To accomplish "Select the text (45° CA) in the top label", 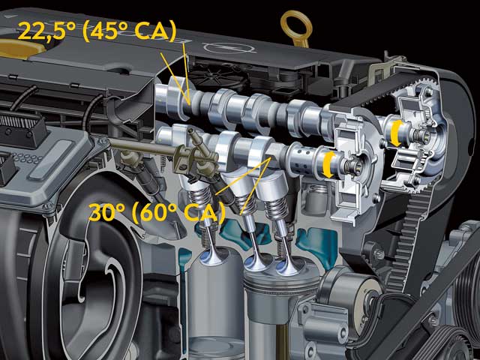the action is click(x=130, y=31).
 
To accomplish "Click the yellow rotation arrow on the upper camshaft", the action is click(x=396, y=133).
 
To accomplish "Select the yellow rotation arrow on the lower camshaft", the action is click(x=328, y=165).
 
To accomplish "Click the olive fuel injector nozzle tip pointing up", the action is click(x=191, y=132).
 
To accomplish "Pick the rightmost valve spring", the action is click(x=277, y=208).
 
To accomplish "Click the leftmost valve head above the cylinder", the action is click(x=211, y=256).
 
